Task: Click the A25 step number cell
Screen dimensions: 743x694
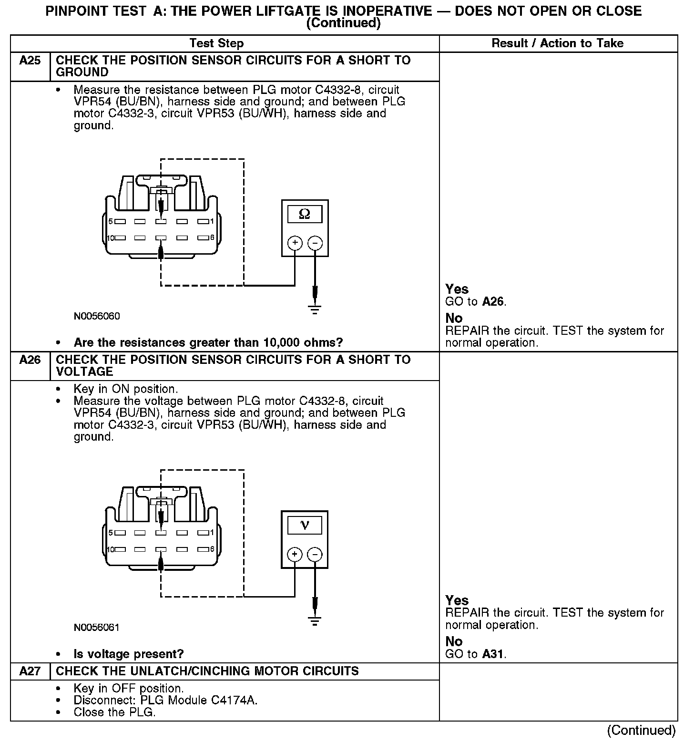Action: (x=30, y=61)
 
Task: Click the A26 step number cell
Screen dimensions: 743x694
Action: (x=30, y=360)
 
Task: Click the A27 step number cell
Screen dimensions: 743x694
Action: (x=30, y=671)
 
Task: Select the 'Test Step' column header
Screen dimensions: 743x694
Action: (x=216, y=43)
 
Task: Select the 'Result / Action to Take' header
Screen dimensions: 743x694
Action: (x=557, y=43)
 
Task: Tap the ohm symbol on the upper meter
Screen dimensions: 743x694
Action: (x=304, y=215)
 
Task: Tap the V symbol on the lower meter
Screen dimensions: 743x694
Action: (x=305, y=526)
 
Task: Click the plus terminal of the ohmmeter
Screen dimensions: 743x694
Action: (x=295, y=243)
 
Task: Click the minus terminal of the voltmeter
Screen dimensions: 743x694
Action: (x=315, y=554)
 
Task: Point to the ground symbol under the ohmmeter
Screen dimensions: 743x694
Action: (x=315, y=310)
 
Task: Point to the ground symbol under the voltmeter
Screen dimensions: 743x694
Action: (x=315, y=621)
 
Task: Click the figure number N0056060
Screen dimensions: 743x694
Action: (x=97, y=316)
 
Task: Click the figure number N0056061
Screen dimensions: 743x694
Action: (x=97, y=628)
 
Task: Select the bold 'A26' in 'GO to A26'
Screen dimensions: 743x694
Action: (x=493, y=301)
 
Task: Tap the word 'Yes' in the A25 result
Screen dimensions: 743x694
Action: (x=457, y=289)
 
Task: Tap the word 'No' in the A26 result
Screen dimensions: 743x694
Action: (x=454, y=641)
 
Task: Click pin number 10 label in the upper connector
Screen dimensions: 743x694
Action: (x=110, y=238)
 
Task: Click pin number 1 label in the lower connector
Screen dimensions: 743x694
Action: (x=212, y=532)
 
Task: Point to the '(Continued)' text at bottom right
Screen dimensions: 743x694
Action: (x=641, y=730)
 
